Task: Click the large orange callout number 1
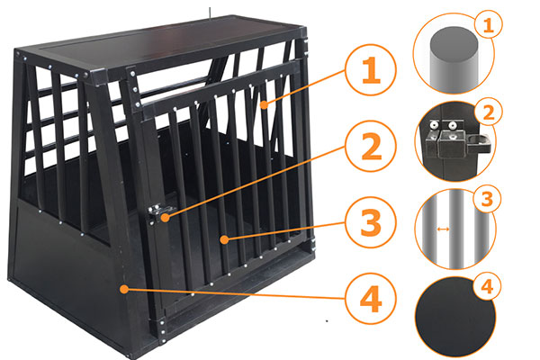coord(371,70)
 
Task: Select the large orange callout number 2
coord(371,147)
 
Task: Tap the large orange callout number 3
coord(371,222)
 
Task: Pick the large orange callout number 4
coord(371,299)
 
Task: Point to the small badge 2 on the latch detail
coord(489,112)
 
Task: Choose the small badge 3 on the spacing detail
coord(487,200)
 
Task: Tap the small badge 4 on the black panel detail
coord(487,286)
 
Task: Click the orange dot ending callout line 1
coord(264,105)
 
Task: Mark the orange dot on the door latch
coord(166,218)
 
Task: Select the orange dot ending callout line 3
coord(224,239)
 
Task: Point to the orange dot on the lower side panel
coord(124,289)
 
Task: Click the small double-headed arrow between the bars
coord(443,229)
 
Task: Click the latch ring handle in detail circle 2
coord(478,144)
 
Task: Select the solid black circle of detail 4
coord(454,317)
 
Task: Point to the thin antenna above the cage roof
coord(209,13)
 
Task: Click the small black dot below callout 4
coord(327,321)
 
